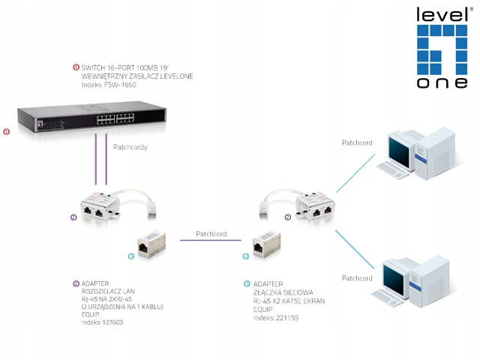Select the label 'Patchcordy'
(x=130, y=148)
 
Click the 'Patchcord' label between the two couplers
(x=211, y=234)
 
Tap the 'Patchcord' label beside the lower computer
(x=357, y=278)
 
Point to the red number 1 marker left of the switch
(x=6, y=131)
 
